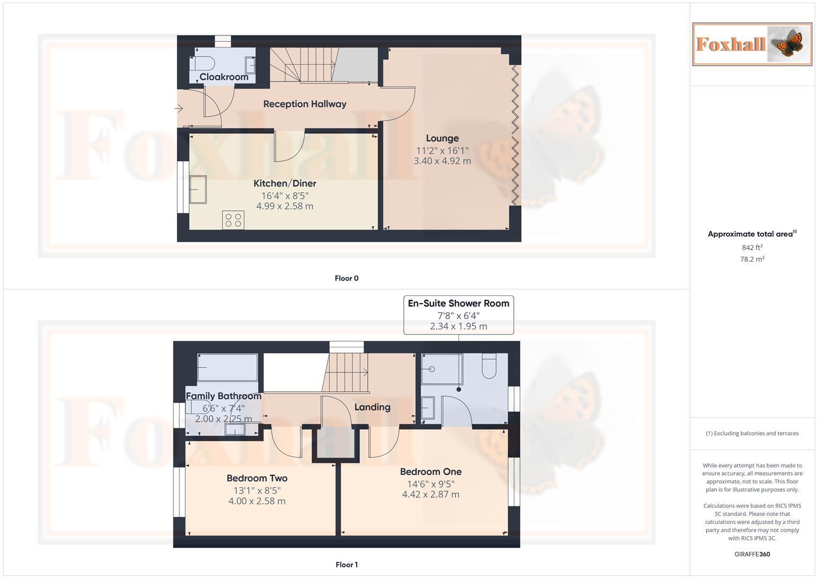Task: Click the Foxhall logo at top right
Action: pos(752,44)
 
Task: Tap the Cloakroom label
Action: pos(224,77)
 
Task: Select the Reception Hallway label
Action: pos(304,104)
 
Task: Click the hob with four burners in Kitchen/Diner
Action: pos(233,220)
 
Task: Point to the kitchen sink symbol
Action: pos(198,189)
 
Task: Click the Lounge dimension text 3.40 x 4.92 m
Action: pos(442,161)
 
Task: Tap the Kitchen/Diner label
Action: pos(284,184)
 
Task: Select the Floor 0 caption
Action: pos(347,278)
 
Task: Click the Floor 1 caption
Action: pos(347,565)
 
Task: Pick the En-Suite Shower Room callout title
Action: pos(458,303)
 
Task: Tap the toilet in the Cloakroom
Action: pos(202,63)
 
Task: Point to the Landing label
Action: pos(372,407)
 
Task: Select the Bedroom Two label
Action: pos(257,478)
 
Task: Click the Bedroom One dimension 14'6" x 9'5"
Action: pos(430,484)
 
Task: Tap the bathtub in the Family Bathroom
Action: pos(228,367)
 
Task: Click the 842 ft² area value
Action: pos(752,248)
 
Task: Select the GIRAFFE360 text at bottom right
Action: pos(752,554)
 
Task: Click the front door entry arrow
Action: pos(179,109)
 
